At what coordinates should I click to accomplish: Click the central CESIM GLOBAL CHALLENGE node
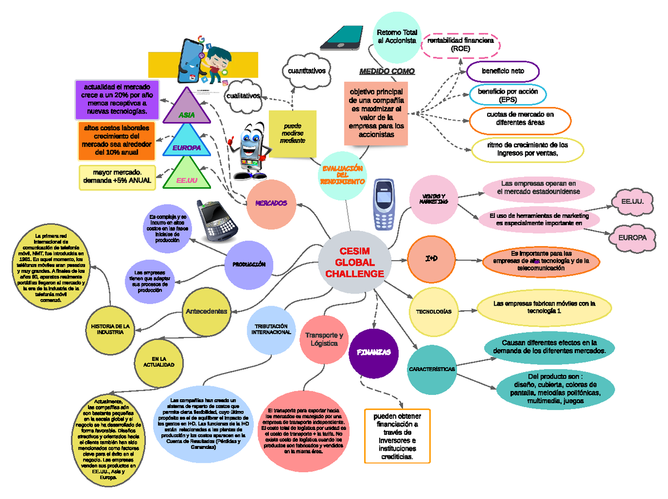pyautogui.click(x=355, y=263)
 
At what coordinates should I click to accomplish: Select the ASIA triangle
pyautogui.click(x=186, y=107)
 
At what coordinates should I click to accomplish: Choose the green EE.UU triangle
pyautogui.click(x=187, y=175)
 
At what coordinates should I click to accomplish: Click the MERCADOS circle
pyautogui.click(x=271, y=203)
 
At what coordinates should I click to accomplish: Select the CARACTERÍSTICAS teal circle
pyautogui.click(x=432, y=369)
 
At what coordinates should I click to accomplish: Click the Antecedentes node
pyautogui.click(x=206, y=311)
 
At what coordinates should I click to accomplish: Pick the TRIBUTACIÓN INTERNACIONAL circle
pyautogui.click(x=271, y=329)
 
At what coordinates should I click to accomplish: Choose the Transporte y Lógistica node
pyautogui.click(x=324, y=339)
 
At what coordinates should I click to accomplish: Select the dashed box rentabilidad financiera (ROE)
pyautogui.click(x=460, y=45)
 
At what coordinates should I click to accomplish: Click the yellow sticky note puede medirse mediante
pyautogui.click(x=292, y=133)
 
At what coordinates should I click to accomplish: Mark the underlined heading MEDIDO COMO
pyautogui.click(x=387, y=72)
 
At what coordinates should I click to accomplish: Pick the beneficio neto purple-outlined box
pyautogui.click(x=503, y=71)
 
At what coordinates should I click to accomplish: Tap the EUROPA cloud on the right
pyautogui.click(x=631, y=238)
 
